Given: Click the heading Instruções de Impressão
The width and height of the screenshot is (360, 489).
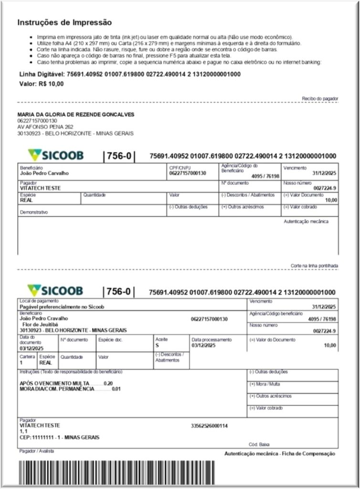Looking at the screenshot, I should (x=64, y=22).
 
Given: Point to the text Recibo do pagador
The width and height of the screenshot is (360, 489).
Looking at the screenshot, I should (x=320, y=98).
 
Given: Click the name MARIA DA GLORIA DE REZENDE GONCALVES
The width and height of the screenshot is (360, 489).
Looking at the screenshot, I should (x=76, y=115).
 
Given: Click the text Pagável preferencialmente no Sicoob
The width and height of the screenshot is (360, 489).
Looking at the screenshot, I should (x=62, y=307).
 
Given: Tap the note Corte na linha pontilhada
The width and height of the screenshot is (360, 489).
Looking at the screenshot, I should (x=315, y=266).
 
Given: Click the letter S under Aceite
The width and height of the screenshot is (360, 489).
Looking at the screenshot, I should (x=157, y=345).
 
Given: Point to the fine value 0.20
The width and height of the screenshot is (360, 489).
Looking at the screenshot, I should (x=108, y=383).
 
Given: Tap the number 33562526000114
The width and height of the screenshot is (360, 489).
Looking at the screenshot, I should (x=209, y=425).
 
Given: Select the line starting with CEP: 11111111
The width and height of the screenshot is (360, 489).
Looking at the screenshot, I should (x=60, y=437).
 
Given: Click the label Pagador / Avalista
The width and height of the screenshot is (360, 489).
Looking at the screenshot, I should (x=37, y=451).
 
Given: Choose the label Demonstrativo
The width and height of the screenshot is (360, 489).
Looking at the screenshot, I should (x=34, y=213).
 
